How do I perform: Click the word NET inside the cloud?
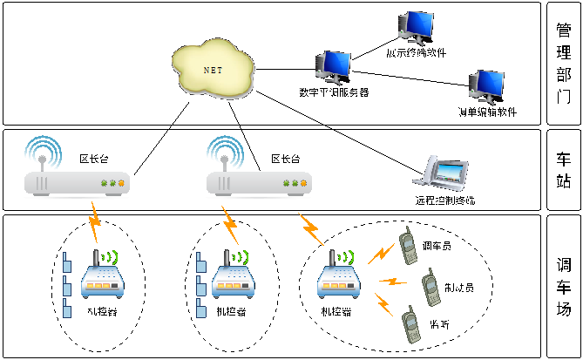[x=213, y=70]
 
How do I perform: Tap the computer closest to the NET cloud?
[x=333, y=66]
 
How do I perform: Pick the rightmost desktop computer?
[x=486, y=86]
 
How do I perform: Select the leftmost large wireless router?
[x=77, y=181]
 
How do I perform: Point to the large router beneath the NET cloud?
[x=259, y=181]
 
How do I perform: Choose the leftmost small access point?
[x=103, y=277]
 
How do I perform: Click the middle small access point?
[x=233, y=277]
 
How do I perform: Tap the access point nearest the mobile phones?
[x=338, y=277]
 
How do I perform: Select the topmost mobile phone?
[x=408, y=246]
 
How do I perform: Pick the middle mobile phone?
[x=430, y=287]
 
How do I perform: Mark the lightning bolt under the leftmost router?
[x=94, y=222]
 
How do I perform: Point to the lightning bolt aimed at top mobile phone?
[x=381, y=255]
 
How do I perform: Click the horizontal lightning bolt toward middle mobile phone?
[x=393, y=282]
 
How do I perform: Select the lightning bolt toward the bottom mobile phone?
[x=383, y=304]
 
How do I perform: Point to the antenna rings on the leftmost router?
[x=43, y=153]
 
